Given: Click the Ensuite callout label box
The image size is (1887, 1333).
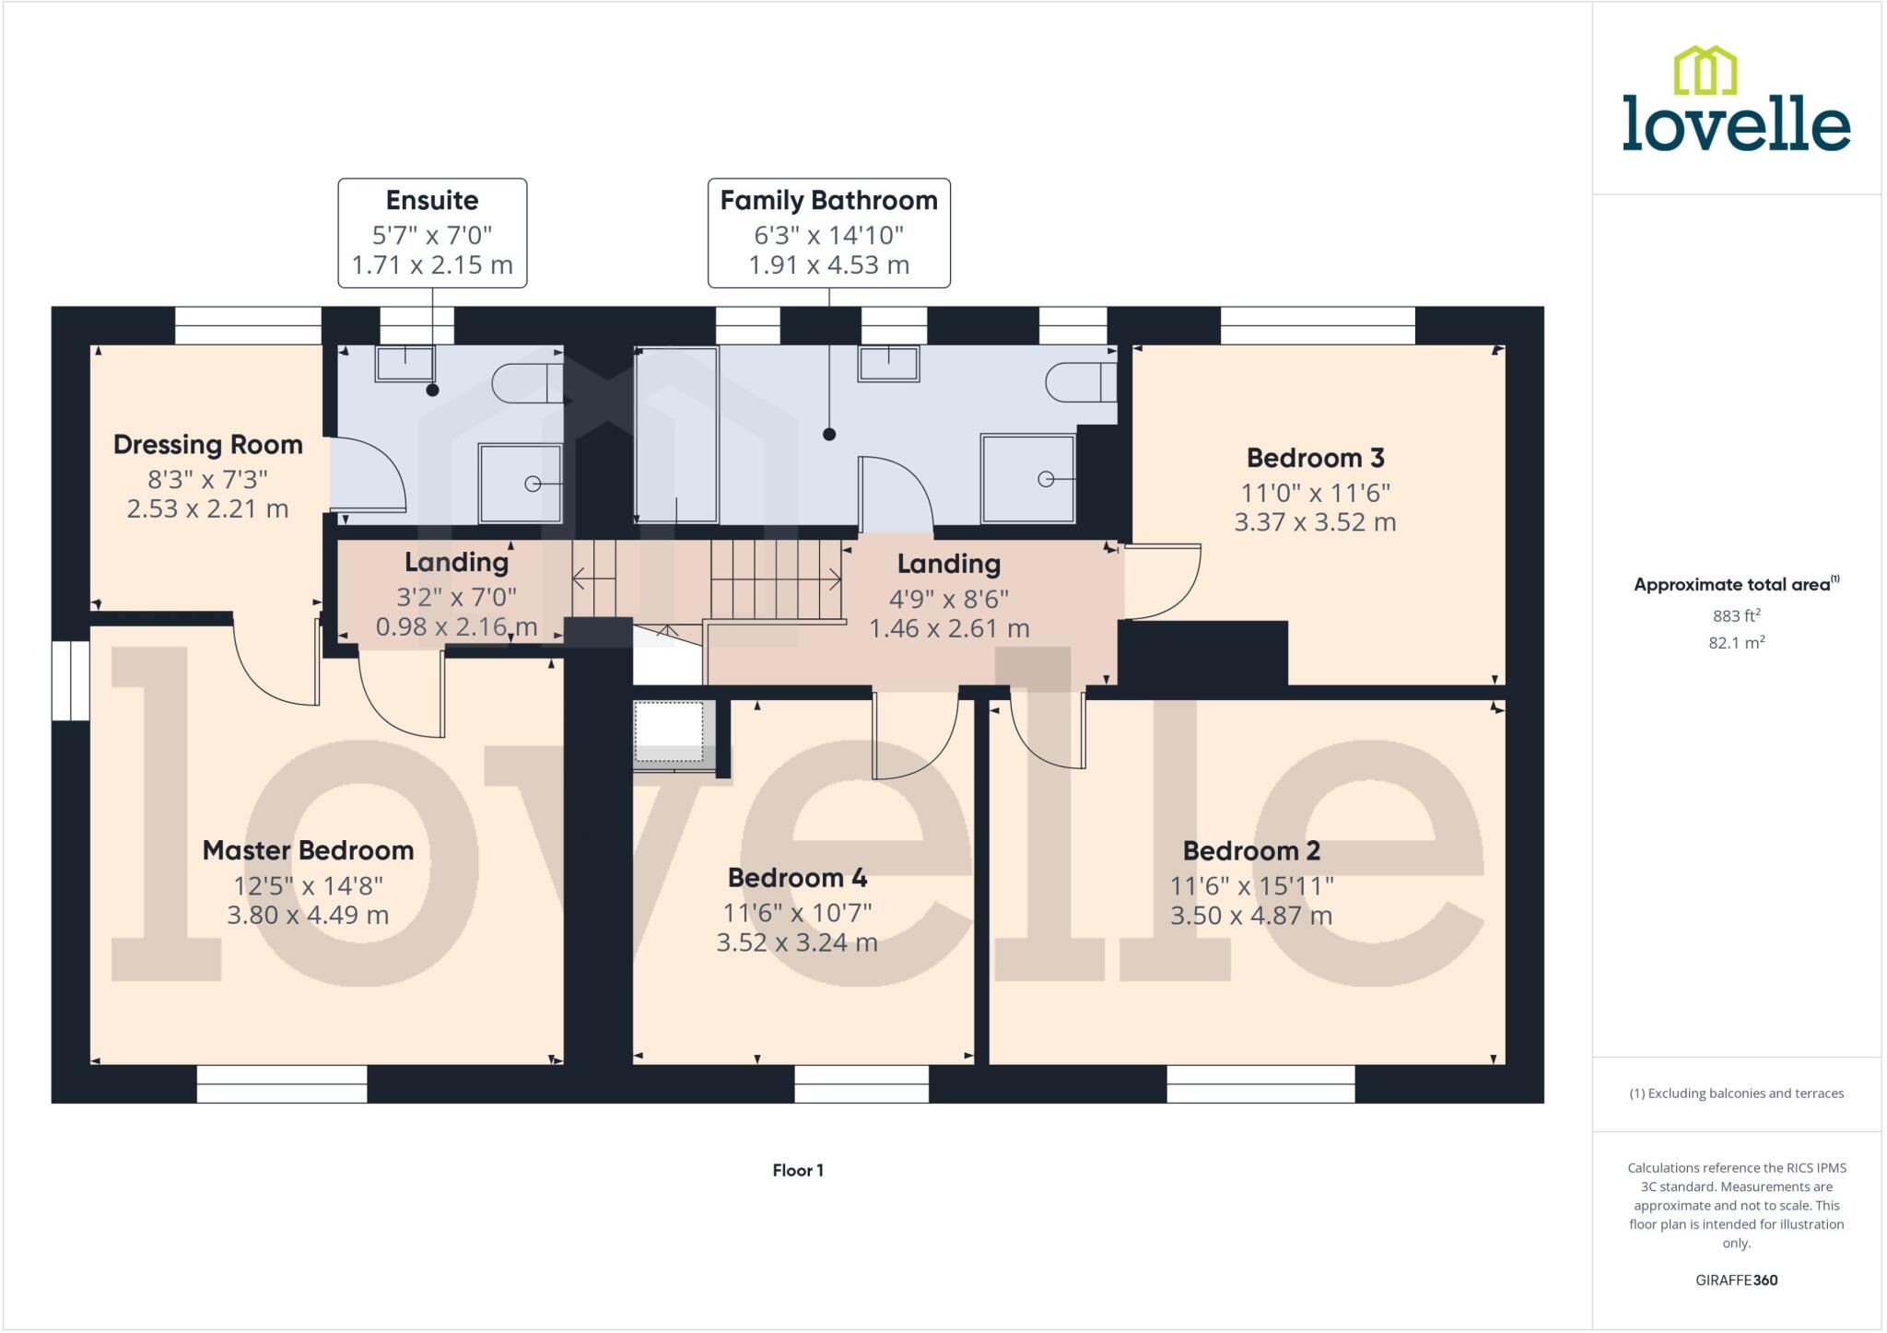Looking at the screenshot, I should pyautogui.click(x=432, y=233).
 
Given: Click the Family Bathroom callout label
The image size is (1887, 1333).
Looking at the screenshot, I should pyautogui.click(x=828, y=233).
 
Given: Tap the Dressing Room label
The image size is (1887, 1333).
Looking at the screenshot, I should pyautogui.click(x=208, y=445).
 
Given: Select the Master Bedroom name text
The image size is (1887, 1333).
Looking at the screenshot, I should pyautogui.click(x=308, y=850).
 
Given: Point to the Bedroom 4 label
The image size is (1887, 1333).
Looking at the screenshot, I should pyautogui.click(x=797, y=878).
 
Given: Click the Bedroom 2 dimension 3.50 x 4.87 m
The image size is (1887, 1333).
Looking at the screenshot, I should pyautogui.click(x=1251, y=916).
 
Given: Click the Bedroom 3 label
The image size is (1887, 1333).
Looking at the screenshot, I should pyautogui.click(x=1315, y=458).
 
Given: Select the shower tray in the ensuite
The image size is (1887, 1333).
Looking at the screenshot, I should pyautogui.click(x=521, y=484).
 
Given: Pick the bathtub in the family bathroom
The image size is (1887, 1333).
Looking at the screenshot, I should pyautogui.click(x=676, y=435).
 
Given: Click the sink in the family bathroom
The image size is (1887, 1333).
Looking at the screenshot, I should pyautogui.click(x=888, y=363).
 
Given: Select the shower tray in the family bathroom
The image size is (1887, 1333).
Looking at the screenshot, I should pyautogui.click(x=1028, y=479).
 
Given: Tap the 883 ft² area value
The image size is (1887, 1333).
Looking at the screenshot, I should pyautogui.click(x=1736, y=615).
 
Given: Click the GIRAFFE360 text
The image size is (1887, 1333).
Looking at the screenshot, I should pyautogui.click(x=1736, y=1280).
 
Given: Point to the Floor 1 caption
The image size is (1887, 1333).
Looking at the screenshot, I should pyautogui.click(x=798, y=1170).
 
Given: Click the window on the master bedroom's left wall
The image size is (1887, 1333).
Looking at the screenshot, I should pyautogui.click(x=70, y=681).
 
